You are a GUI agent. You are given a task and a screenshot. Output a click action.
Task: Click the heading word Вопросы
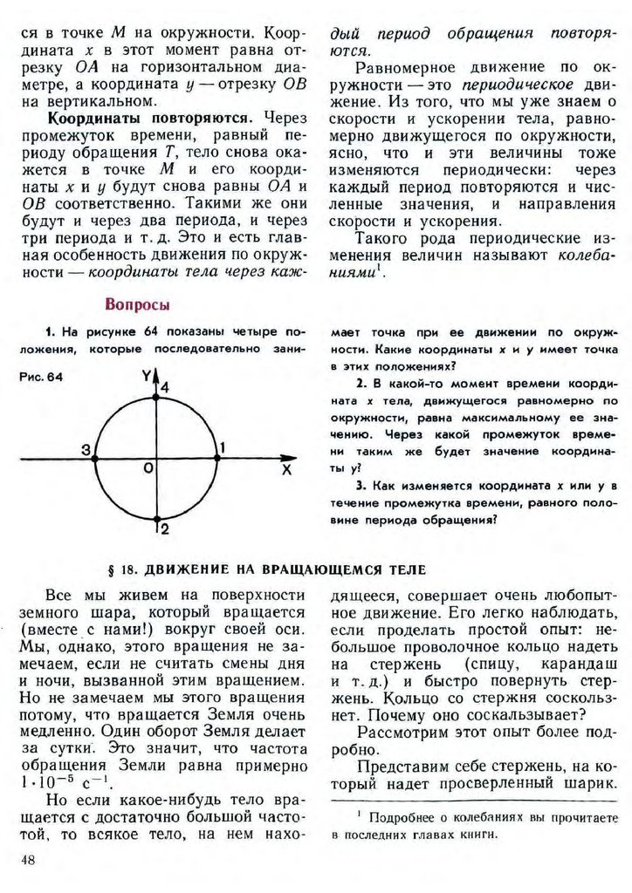(137, 304)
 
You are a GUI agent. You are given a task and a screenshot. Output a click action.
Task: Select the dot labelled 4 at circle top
(155, 397)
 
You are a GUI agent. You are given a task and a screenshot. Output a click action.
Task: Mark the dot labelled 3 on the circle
(94, 457)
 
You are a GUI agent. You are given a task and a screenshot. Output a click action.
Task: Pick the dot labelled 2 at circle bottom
(155, 518)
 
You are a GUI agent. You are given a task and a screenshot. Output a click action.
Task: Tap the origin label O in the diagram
(148, 469)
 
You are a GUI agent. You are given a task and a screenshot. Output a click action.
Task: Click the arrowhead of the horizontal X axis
(286, 457)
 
